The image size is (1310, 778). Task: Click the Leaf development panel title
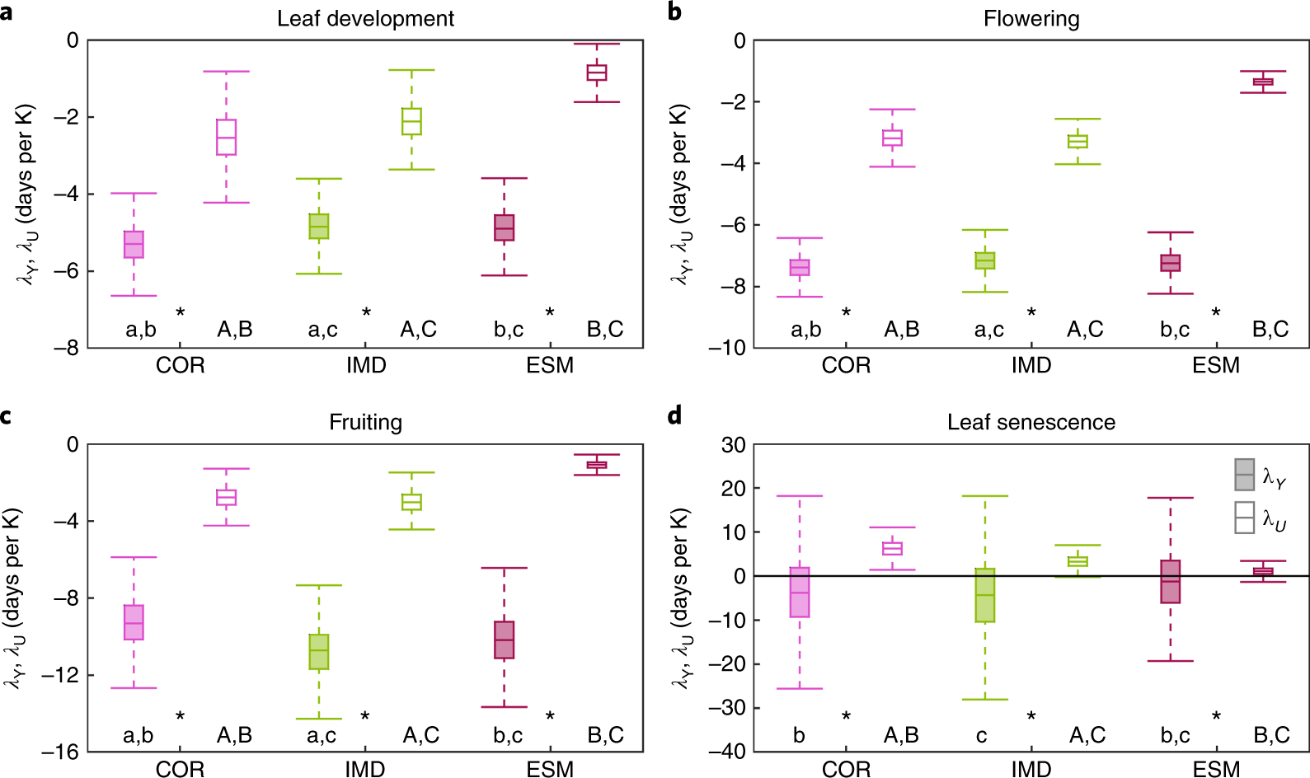(365, 19)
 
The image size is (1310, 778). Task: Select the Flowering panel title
(1031, 19)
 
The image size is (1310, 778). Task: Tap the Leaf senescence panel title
(1031, 423)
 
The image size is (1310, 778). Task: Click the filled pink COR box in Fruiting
(134, 622)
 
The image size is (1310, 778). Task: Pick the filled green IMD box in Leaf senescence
(984, 594)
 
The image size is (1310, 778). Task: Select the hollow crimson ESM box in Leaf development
(597, 73)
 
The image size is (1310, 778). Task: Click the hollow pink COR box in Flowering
(892, 138)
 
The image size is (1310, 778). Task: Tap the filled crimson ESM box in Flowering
(1170, 263)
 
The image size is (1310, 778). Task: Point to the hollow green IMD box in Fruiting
(411, 502)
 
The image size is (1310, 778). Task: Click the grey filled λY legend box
(1244, 475)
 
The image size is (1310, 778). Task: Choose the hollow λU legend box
(1244, 518)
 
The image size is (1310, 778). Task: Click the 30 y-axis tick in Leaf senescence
(733, 445)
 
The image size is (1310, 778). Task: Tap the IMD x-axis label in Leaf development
(366, 365)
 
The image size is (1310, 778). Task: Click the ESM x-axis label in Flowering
(1215, 365)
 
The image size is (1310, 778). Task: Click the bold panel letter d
(674, 415)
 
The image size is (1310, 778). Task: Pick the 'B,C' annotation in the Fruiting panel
(605, 735)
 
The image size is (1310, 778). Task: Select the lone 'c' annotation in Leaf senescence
(981, 735)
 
